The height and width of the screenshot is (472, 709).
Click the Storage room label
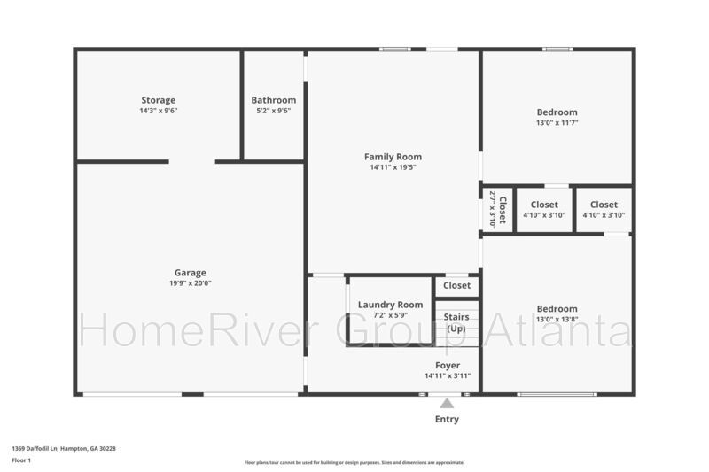pyautogui.click(x=159, y=100)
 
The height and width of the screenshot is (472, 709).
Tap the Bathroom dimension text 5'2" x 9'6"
pyautogui.click(x=274, y=111)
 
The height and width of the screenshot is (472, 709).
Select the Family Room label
pyautogui.click(x=393, y=157)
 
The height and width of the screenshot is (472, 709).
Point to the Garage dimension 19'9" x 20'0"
pyautogui.click(x=191, y=283)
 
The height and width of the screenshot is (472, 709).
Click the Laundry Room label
pyautogui.click(x=390, y=305)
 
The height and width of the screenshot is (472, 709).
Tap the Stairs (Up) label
pyautogui.click(x=456, y=322)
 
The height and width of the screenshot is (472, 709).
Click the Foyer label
pyautogui.click(x=448, y=366)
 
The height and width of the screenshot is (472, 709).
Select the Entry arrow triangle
pyautogui.click(x=447, y=403)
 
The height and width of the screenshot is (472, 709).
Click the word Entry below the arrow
pyautogui.click(x=447, y=419)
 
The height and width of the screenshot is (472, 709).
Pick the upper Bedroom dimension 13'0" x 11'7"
pyautogui.click(x=557, y=123)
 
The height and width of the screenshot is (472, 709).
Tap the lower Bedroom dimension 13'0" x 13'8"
pyautogui.click(x=557, y=320)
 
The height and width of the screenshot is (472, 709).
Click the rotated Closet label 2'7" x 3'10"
pyautogui.click(x=497, y=210)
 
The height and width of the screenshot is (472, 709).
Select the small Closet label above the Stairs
pyautogui.click(x=456, y=285)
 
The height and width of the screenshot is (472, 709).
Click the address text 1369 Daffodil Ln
pyautogui.click(x=35, y=449)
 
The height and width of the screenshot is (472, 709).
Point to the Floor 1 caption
pyautogui.click(x=21, y=460)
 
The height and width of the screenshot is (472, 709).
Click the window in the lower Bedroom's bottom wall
pyautogui.click(x=557, y=395)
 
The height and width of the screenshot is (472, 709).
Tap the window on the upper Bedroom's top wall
pyautogui.click(x=557, y=50)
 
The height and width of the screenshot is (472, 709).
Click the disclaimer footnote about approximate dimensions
pyautogui.click(x=354, y=463)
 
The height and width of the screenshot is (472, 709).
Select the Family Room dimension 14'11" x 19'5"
pyautogui.click(x=393, y=167)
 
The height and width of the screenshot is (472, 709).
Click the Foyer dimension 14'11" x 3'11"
pyautogui.click(x=448, y=376)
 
